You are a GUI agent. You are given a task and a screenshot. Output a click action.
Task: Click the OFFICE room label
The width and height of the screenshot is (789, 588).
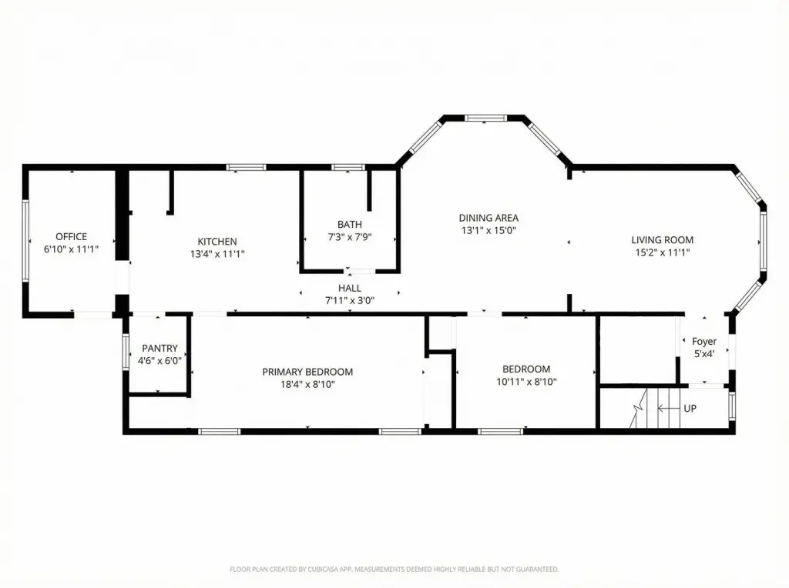pyautogui.click(x=71, y=236)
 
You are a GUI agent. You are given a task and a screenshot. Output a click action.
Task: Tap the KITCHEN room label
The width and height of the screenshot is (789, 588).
pyautogui.click(x=217, y=241)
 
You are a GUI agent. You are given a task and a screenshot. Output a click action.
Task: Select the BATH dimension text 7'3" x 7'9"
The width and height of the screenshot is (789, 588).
pyautogui.click(x=350, y=237)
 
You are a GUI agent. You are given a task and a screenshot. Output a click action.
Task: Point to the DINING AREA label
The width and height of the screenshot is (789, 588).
pyautogui.click(x=489, y=218)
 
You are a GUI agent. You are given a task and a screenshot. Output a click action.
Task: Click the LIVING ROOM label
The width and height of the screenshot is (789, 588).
pyautogui.click(x=662, y=239)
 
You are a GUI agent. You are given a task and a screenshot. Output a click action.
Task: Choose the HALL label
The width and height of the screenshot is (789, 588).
pyautogui.click(x=350, y=288)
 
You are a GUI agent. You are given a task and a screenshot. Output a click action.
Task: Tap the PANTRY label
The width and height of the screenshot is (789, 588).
pyautogui.click(x=159, y=348)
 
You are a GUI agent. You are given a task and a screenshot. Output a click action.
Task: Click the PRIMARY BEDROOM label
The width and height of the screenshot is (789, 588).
pyautogui.click(x=307, y=372)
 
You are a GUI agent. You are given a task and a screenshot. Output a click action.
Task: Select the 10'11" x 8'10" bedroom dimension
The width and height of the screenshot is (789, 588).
pyautogui.click(x=526, y=382)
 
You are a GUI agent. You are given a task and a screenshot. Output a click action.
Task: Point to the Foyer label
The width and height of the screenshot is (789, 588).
pyautogui.click(x=704, y=341)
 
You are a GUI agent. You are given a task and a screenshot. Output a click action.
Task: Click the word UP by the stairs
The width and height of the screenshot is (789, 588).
pyautogui.click(x=690, y=408)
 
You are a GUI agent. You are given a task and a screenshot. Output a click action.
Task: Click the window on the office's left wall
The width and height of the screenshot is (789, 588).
pyautogui.click(x=25, y=241)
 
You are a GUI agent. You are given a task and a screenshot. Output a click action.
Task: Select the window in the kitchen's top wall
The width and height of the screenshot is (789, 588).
pyautogui.click(x=246, y=167)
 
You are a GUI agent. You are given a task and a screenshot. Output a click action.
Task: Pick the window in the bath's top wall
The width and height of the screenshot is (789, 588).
pyautogui.click(x=348, y=167)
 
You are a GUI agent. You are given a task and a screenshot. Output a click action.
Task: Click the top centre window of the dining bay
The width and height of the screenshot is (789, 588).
pyautogui.click(x=485, y=118)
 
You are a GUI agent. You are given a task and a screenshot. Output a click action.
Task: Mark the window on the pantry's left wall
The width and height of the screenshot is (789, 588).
pyautogui.click(x=126, y=352)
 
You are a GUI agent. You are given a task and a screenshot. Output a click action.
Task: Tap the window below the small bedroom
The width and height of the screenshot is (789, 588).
pyautogui.click(x=500, y=431)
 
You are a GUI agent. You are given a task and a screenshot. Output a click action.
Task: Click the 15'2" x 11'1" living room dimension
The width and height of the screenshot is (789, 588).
pyautogui.click(x=662, y=252)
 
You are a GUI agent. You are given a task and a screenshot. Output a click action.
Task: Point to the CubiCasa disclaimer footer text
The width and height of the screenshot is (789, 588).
pyautogui.click(x=394, y=570)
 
